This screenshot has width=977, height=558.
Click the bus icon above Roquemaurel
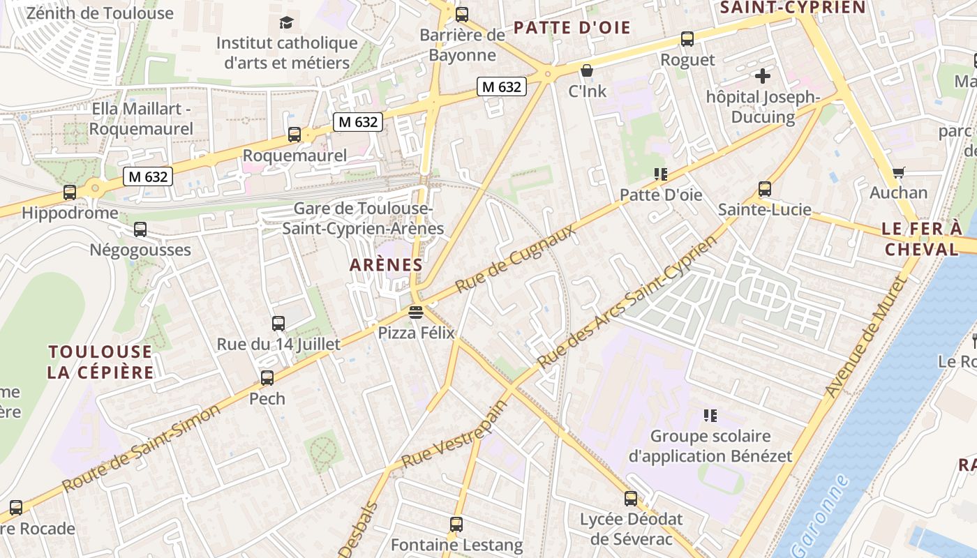pyautogui.click(x=294, y=134)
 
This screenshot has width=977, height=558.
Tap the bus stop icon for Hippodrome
pyautogui.click(x=70, y=192)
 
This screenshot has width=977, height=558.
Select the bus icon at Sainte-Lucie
pyautogui.click(x=765, y=188)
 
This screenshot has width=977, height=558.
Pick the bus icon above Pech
pyautogui.click(x=267, y=377)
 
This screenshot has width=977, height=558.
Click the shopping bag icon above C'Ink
pyautogui.click(x=587, y=70)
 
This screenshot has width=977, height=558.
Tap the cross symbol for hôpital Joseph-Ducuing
pyautogui.click(x=763, y=75)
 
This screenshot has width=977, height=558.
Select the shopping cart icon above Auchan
pyautogui.click(x=899, y=172)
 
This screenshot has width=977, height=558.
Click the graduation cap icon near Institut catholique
pyautogui.click(x=286, y=23)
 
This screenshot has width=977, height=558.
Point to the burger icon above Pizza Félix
pyautogui.click(x=416, y=312)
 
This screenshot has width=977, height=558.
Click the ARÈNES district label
pyautogui.click(x=386, y=265)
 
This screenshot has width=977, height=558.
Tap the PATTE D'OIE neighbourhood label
pyautogui.click(x=572, y=28)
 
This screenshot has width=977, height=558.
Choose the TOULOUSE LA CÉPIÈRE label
pyautogui.click(x=100, y=361)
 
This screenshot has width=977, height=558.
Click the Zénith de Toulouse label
pyautogui.click(x=100, y=13)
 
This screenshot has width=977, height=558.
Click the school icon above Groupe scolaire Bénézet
pyautogui.click(x=710, y=416)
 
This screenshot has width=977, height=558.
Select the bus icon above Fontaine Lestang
pyautogui.click(x=456, y=523)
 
